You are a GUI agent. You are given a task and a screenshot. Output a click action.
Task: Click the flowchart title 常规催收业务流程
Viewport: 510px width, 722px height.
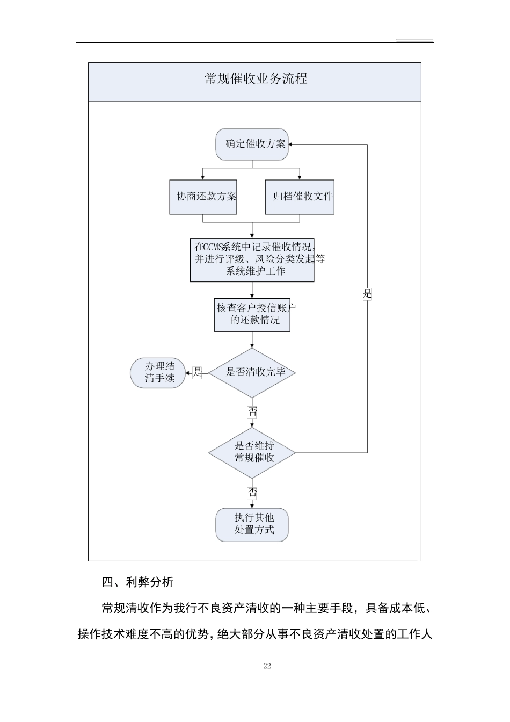256,79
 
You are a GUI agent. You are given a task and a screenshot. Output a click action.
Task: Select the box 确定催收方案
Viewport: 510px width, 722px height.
252,144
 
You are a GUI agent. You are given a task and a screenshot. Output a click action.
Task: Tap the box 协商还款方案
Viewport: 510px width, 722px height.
203,197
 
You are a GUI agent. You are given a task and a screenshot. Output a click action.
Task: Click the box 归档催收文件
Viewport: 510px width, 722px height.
300,197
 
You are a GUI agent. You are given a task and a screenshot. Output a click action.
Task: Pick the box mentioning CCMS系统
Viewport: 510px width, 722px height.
252,259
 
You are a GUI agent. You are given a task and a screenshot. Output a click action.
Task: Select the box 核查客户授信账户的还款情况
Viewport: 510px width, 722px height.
252,314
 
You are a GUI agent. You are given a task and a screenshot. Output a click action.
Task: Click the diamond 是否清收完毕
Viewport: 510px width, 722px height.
252,372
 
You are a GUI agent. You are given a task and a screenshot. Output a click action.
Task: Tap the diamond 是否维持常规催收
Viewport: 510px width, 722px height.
252,452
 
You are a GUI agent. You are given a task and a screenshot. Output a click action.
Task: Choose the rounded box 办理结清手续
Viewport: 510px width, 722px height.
159,373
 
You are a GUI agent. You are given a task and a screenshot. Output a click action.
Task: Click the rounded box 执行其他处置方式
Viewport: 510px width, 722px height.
252,524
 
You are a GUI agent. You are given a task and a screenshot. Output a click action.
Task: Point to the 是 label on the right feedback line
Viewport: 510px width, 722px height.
367,294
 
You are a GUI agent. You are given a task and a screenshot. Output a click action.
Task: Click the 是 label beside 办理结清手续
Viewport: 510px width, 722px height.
197,372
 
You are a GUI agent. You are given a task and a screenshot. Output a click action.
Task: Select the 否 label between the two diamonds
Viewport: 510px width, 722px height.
252,412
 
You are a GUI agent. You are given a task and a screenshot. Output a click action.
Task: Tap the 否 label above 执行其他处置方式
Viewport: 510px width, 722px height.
252,493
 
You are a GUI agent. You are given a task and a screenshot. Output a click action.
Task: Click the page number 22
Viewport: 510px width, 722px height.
267,666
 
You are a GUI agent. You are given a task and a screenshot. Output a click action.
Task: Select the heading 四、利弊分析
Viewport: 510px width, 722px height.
138,582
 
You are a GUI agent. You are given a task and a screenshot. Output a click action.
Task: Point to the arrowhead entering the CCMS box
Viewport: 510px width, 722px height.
252,236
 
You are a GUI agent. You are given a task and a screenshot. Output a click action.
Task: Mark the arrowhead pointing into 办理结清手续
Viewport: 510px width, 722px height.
188,373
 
